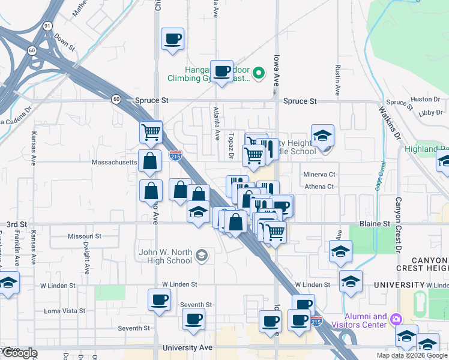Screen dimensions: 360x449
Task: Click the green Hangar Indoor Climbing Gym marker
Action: (259, 73)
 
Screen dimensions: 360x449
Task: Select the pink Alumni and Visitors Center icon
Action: (396, 318)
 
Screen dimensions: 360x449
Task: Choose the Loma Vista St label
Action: (65, 311)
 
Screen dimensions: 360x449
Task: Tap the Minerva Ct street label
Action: (319, 175)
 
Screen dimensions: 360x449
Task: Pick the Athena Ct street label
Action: (319, 187)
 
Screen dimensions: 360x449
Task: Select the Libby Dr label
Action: (430, 112)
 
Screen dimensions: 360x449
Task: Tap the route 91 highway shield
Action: (47, 27)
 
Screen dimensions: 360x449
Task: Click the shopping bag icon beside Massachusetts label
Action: (149, 161)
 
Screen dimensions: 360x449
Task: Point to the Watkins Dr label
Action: (388, 123)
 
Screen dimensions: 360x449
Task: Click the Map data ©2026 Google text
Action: (412, 355)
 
